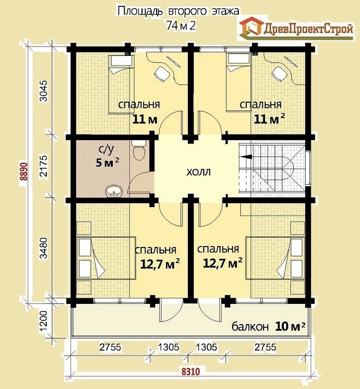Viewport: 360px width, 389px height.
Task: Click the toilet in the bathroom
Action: tap(139, 150)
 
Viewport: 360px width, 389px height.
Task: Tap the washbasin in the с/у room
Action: tap(114, 191)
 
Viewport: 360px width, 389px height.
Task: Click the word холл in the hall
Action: tap(198, 172)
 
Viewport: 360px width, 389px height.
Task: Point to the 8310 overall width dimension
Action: tap(191, 371)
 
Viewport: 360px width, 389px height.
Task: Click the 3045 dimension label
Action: tap(44, 91)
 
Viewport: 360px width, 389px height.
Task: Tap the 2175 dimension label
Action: tap(44, 166)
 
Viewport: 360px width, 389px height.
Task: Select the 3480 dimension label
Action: tap(44, 248)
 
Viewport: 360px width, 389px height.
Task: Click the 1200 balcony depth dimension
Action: tap(44, 321)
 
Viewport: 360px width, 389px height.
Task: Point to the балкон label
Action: tap(250, 326)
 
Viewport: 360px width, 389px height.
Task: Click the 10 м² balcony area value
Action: tap(290, 326)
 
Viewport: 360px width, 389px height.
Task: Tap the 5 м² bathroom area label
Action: tap(107, 162)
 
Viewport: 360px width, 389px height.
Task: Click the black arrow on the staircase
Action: tap(246, 157)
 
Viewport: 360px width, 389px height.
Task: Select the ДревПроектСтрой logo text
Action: tap(308, 29)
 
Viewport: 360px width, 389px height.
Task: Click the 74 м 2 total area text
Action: tap(181, 25)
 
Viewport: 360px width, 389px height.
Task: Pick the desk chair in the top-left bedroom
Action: tap(162, 73)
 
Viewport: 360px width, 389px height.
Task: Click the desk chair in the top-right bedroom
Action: tap(280, 73)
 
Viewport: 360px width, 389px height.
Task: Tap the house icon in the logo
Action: tap(251, 27)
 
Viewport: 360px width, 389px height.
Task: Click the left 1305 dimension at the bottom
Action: tap(168, 347)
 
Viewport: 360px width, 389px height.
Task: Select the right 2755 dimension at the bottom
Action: tap(265, 347)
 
